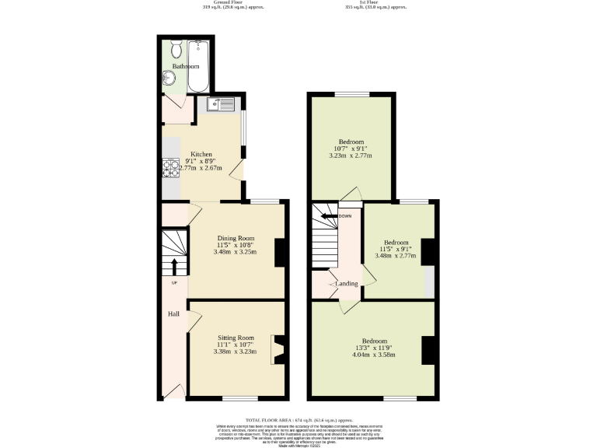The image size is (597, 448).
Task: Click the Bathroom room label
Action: pos(186,67)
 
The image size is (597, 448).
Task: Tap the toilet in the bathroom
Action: pos(176,51)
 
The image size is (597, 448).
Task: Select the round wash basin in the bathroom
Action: pos(169,79)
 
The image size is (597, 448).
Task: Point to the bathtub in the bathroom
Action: pos(201,65)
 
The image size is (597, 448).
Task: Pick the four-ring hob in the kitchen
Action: pos(170,167)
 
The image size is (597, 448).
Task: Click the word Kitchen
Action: pos(191,153)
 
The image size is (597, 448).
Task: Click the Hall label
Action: pos(173,313)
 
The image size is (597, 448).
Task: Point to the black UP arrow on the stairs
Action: pos(174,267)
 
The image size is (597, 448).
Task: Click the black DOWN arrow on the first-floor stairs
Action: pos(330,216)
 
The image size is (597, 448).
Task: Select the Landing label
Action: pos(347,284)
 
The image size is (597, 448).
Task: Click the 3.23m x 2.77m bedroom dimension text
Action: pos(351,156)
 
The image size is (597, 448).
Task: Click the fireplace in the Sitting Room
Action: pos(277,349)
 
